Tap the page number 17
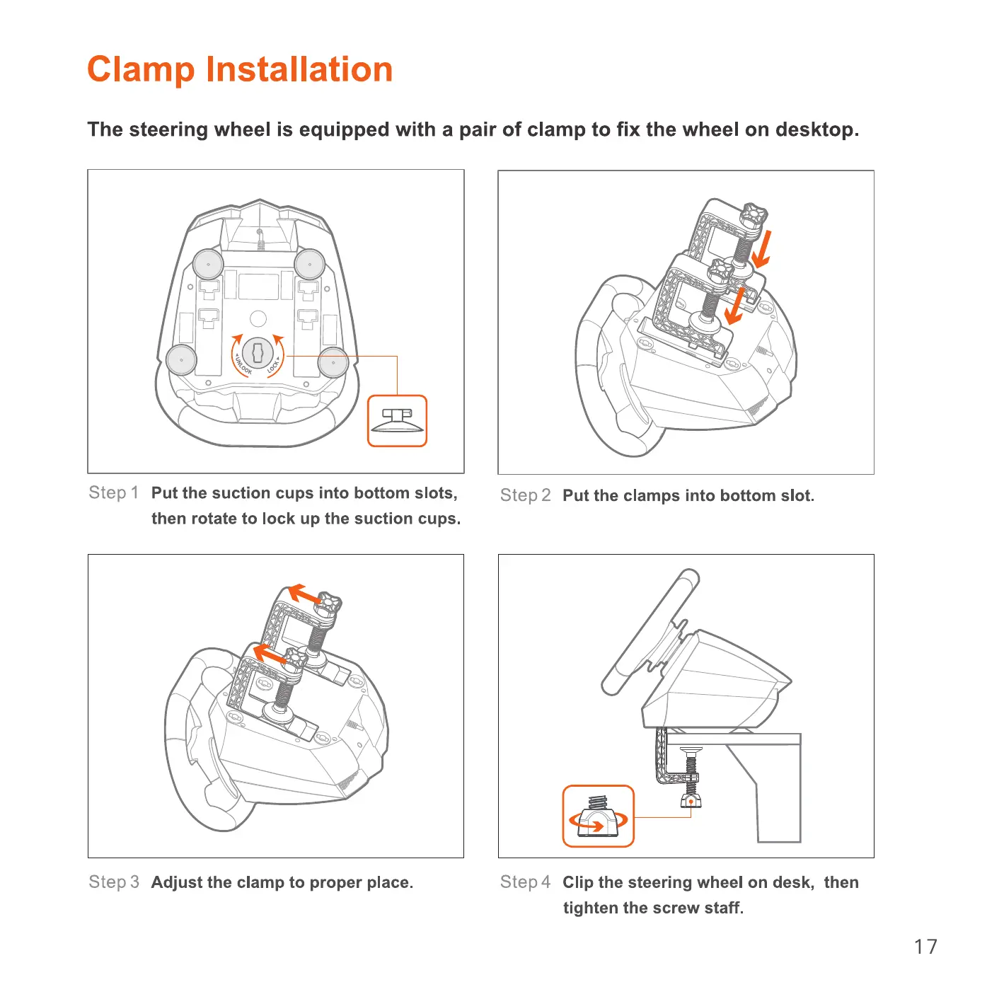[925, 947]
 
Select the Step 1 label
[113, 493]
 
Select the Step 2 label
[525, 496]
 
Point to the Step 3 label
[113, 882]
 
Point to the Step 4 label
[525, 882]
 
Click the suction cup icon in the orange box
[397, 421]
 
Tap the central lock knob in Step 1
[258, 352]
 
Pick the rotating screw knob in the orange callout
[599, 817]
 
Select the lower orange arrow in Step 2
[736, 306]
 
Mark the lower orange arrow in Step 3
[270, 653]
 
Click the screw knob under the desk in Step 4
[691, 800]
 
